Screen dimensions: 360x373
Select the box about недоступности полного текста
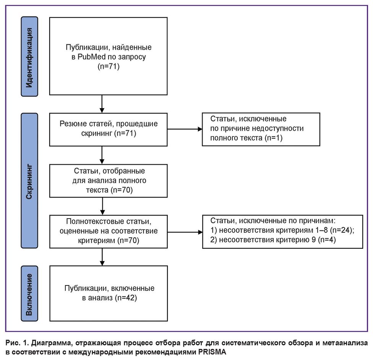point(261,129)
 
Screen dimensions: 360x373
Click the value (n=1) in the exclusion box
point(272,138)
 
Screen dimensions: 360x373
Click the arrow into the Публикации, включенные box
point(102,257)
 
